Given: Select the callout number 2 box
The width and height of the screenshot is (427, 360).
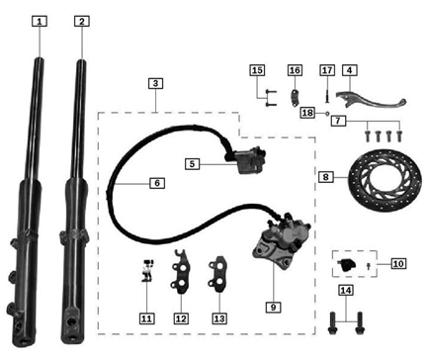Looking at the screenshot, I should pos(81,20).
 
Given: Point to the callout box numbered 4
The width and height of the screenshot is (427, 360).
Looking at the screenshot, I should pos(350,70).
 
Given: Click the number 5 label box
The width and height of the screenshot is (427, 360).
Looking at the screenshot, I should pos(194,163).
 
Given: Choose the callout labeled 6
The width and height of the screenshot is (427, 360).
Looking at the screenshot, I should pos(156,183).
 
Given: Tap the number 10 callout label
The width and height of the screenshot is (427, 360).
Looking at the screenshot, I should pos(398,263).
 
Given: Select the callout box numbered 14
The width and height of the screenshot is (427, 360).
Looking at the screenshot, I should pos(343,290).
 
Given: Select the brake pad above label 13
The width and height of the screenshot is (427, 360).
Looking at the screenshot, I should pos(218,274).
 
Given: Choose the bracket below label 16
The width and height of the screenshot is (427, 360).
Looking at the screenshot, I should pos(295,97).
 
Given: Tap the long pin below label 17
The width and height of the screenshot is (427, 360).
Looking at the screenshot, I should pos(327,97).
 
